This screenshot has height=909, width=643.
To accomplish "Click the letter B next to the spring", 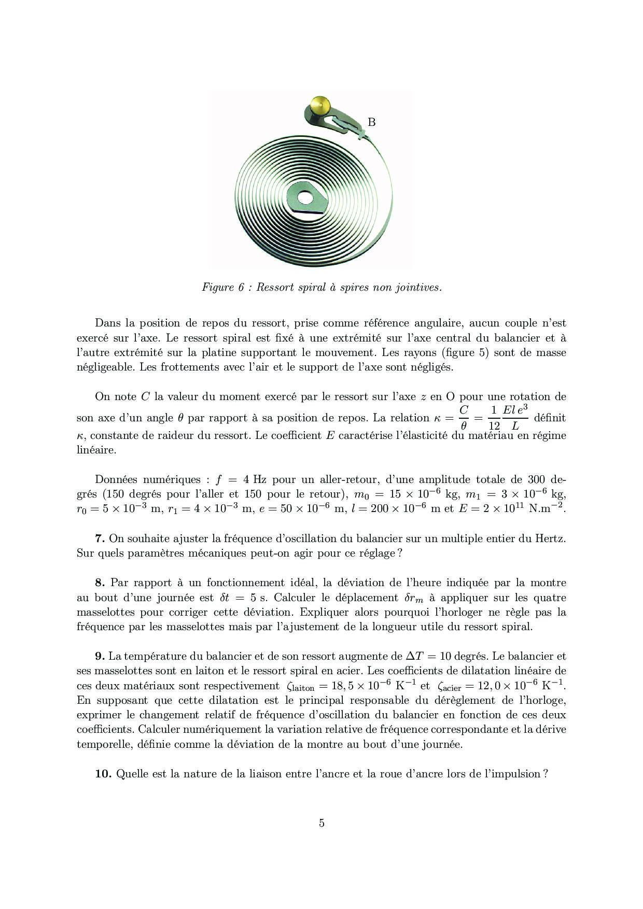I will pyautogui.click(x=371, y=122).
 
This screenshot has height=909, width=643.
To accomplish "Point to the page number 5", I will pyautogui.click(x=321, y=823).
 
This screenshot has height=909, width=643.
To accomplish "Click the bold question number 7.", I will pyautogui.click(x=100, y=538).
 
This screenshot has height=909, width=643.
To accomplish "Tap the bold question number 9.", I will pyautogui.click(x=100, y=657).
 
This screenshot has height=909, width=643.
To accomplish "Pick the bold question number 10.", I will pyautogui.click(x=103, y=774).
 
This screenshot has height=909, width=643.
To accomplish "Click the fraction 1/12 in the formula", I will pyautogui.click(x=494, y=418).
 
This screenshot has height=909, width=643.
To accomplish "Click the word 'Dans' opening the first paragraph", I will pyautogui.click(x=107, y=323).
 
